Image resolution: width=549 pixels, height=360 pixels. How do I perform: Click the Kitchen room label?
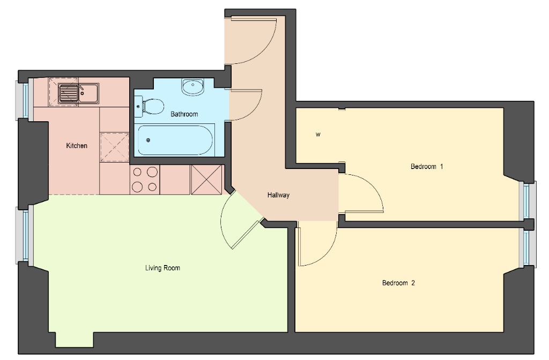click(77, 145)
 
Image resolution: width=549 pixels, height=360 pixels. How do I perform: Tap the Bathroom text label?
click(184, 114)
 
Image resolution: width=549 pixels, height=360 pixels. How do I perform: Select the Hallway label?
click(278, 195)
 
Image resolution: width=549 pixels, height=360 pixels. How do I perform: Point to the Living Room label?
click(162, 268)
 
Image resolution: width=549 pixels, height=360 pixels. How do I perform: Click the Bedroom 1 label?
click(427, 166)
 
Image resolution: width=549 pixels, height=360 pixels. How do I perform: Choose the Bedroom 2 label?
click(398, 283)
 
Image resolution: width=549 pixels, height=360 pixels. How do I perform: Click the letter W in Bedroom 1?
click(318, 134)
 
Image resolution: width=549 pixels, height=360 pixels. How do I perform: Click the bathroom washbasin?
click(192, 86)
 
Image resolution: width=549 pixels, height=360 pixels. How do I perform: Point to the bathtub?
click(175, 140)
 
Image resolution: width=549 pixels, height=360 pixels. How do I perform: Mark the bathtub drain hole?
click(148, 140)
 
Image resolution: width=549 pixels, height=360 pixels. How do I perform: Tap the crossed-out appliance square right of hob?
click(206, 180)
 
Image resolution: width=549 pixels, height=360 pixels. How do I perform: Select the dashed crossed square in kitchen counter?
click(115, 147)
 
